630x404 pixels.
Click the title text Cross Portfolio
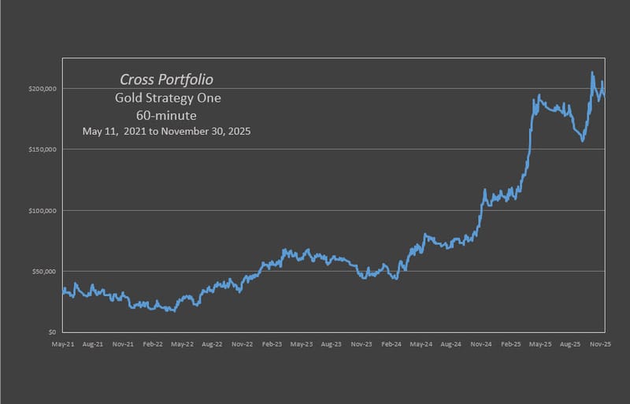[x=166, y=80]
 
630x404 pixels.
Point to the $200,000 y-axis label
[x=43, y=88]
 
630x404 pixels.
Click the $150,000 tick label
[x=43, y=150]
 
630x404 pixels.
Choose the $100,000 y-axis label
[x=43, y=210]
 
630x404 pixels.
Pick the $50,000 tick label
[x=44, y=272]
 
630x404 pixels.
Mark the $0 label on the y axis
[x=50, y=332]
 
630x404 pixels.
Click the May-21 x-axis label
[x=63, y=344]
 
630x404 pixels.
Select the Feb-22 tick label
[x=152, y=344]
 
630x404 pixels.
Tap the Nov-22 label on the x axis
[x=242, y=344]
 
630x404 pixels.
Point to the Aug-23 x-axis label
[x=332, y=344]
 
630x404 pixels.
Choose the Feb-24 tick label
[x=392, y=344]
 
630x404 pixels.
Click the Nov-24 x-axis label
[x=482, y=344]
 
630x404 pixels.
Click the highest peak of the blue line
[x=592, y=73]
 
